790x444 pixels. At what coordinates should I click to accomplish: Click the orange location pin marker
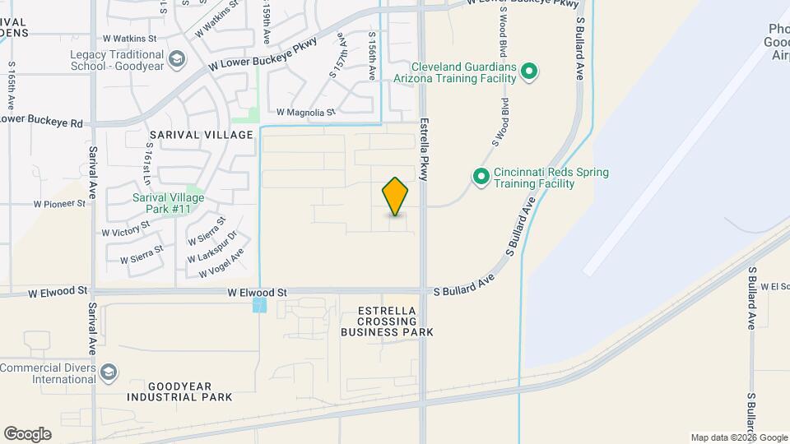click(x=396, y=197)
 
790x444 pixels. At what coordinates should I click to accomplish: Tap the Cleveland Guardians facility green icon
click(x=530, y=72)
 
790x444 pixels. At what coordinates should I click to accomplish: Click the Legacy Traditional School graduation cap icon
click(x=176, y=59)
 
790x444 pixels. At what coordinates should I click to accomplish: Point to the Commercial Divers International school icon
click(x=108, y=373)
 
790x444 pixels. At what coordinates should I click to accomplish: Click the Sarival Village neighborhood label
click(x=202, y=134)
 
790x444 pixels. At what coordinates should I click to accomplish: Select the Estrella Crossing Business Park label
click(x=387, y=321)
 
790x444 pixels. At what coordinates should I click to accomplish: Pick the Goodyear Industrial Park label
click(x=179, y=391)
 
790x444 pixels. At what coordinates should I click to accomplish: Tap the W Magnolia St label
click(x=305, y=112)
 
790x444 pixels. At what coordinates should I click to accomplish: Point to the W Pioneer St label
click(x=59, y=203)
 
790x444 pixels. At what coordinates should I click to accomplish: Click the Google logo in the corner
click(x=27, y=433)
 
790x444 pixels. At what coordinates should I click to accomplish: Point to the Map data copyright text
click(x=738, y=437)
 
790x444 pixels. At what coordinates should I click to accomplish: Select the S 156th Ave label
click(x=372, y=56)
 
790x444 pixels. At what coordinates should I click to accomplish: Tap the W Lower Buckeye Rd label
click(x=41, y=122)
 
